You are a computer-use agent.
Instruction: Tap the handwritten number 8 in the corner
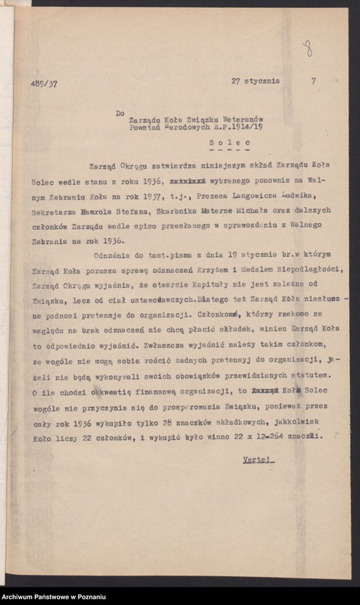(x=307, y=48)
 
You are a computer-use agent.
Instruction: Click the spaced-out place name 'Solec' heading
(x=225, y=143)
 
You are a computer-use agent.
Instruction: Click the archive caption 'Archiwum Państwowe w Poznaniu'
(x=54, y=597)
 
